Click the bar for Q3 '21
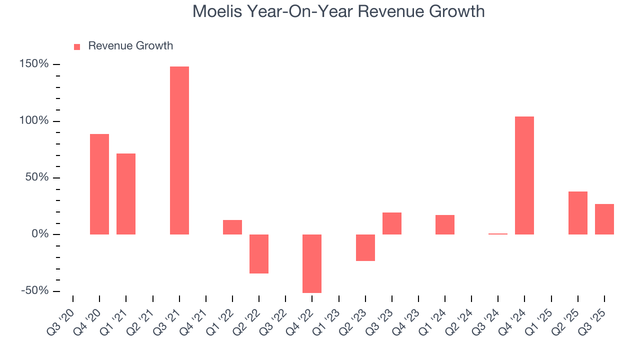(179, 150)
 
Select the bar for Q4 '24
(524, 175)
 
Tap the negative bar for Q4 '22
(312, 263)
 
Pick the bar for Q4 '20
(99, 184)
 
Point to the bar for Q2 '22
(259, 254)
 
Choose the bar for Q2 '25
(577, 213)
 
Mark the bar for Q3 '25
(604, 219)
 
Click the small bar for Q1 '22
(232, 227)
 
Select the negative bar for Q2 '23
(365, 247)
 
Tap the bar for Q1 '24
(445, 224)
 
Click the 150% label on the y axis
(34, 64)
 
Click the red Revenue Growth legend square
(77, 46)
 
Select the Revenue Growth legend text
(130, 46)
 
